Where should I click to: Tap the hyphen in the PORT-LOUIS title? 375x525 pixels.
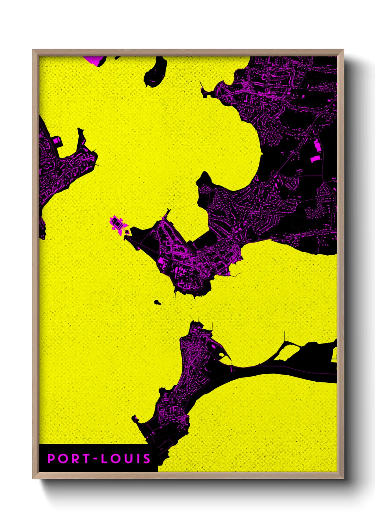(95, 459)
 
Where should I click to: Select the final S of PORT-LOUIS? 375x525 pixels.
(147, 459)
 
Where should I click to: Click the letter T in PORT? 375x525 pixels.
(86, 459)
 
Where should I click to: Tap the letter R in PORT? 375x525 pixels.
(75, 459)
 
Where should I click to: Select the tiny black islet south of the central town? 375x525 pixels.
(157, 302)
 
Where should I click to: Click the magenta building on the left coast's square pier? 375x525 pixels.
(56, 141)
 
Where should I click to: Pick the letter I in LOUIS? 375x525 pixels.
(138, 459)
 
